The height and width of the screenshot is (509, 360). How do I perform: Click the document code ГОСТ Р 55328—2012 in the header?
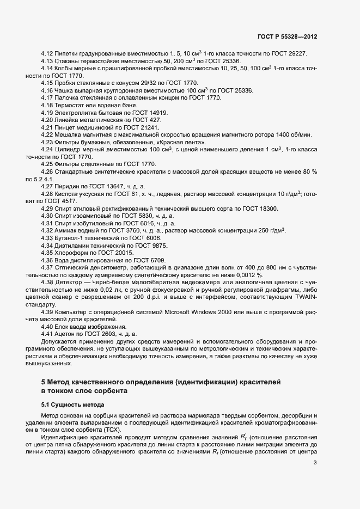click(x=287, y=36)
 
